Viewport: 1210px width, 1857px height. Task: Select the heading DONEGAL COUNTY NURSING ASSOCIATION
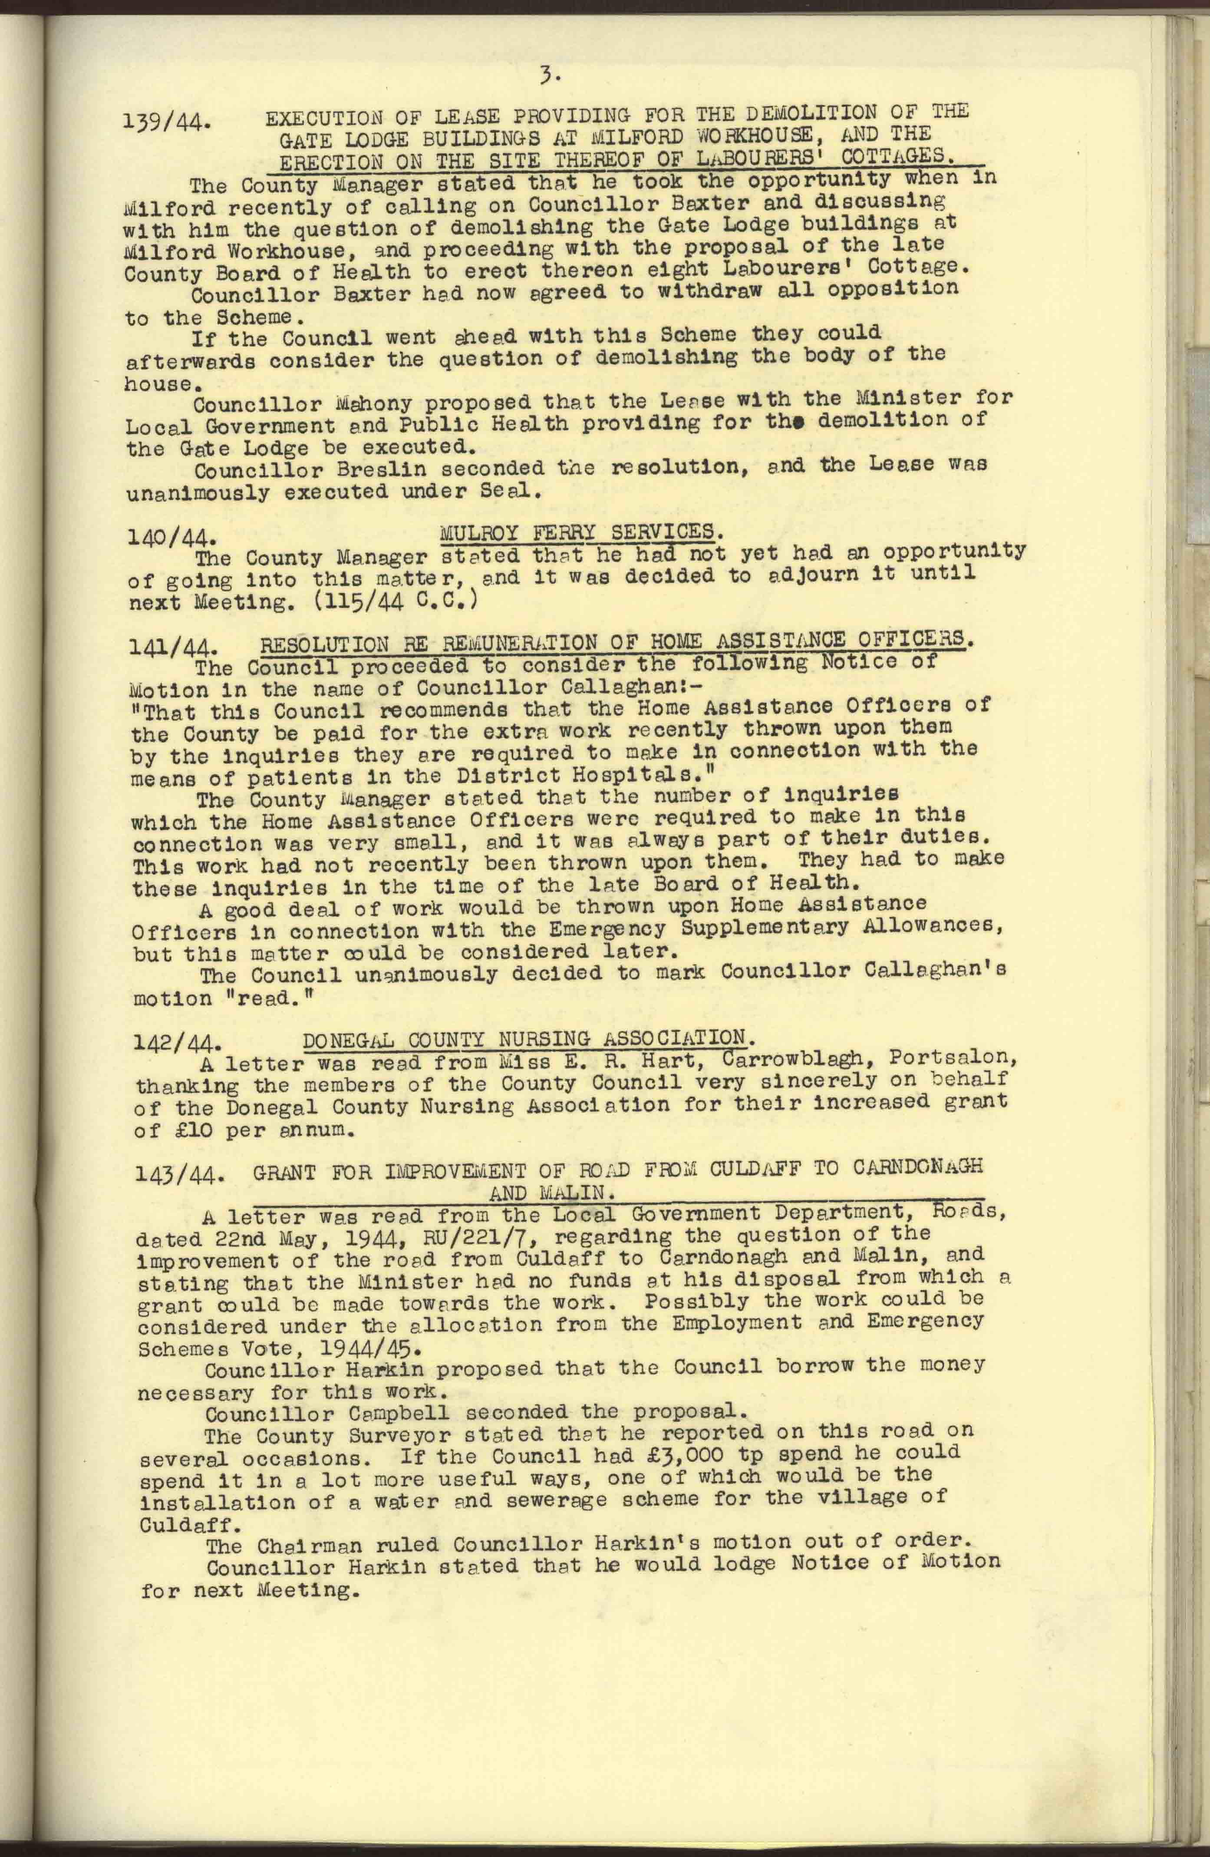pos(529,1038)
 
